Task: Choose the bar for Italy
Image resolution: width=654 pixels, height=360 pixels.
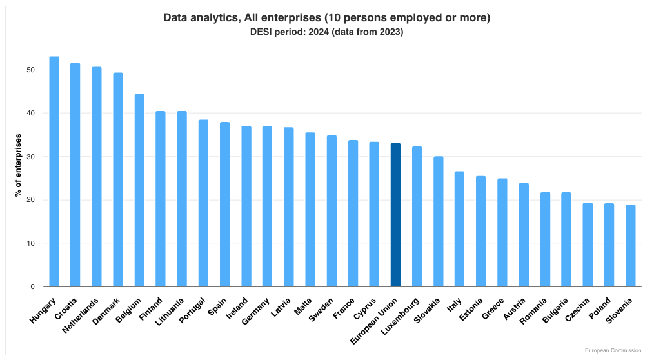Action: pyautogui.click(x=459, y=229)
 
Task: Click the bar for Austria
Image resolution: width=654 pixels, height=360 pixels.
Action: pyautogui.click(x=524, y=235)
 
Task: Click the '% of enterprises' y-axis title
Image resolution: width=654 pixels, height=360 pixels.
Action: pyautogui.click(x=19, y=166)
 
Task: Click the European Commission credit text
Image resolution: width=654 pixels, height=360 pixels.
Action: pyautogui.click(x=613, y=350)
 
